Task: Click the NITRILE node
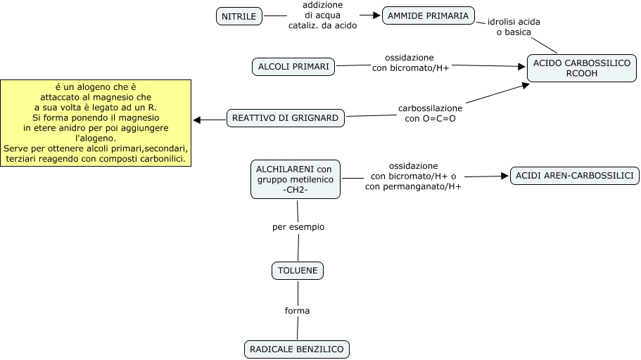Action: [239, 16]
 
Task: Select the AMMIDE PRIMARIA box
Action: [428, 16]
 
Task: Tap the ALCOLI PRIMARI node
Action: [293, 67]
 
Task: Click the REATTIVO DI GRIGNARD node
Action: [285, 118]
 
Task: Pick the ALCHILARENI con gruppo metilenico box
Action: [295, 179]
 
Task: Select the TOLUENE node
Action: [298, 271]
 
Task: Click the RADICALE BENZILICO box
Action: [297, 349]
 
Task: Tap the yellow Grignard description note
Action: [96, 123]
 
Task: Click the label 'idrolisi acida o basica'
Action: [514, 27]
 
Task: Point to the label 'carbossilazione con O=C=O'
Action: [430, 114]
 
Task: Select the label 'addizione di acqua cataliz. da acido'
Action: [322, 15]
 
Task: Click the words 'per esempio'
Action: [298, 227]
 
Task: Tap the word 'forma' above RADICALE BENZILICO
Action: [297, 311]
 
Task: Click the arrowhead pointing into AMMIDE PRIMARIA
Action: [376, 15]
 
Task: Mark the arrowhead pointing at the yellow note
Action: [197, 120]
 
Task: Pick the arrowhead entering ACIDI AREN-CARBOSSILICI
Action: [504, 176]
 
